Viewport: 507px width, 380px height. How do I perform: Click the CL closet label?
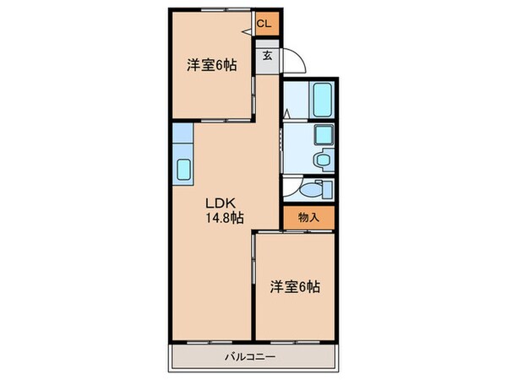click(264, 23)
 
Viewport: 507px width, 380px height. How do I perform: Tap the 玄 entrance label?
click(266, 56)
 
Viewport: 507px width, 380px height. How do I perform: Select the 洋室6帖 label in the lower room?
click(295, 286)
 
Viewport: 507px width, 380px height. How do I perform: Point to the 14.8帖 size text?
click(225, 217)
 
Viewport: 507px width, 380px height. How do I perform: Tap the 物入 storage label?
click(308, 217)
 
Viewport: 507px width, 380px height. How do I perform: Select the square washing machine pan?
click(323, 135)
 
